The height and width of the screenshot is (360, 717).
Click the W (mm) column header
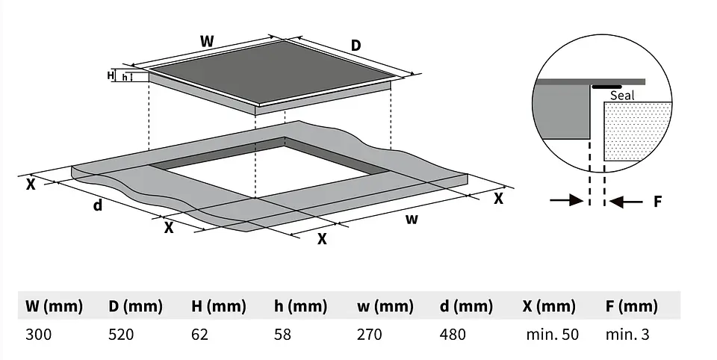pyautogui.click(x=54, y=306)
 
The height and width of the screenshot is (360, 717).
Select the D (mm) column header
pyautogui.click(x=135, y=306)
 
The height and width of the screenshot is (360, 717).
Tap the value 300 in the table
pyautogui.click(x=38, y=335)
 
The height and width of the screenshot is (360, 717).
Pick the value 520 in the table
pyautogui.click(x=121, y=335)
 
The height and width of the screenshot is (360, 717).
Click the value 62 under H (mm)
pyautogui.click(x=200, y=335)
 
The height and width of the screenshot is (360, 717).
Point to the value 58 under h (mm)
pyautogui.click(x=282, y=335)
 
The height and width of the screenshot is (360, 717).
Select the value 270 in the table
pyautogui.click(x=370, y=335)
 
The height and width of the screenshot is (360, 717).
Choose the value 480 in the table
pyautogui.click(x=453, y=335)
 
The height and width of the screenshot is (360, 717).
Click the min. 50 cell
pyautogui.click(x=553, y=335)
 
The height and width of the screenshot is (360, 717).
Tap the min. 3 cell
pyautogui.click(x=627, y=335)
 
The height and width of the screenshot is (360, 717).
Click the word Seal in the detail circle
pyautogui.click(x=622, y=95)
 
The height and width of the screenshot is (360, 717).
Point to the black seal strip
pyautogui.click(x=606, y=87)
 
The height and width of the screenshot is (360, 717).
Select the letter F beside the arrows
pyautogui.click(x=657, y=201)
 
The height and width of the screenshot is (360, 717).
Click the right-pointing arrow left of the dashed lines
pyautogui.click(x=567, y=200)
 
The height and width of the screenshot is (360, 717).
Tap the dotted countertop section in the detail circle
pyautogui.click(x=638, y=131)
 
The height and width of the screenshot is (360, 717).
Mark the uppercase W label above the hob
pyautogui.click(x=207, y=41)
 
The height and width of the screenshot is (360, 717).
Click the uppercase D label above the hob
pyautogui.click(x=356, y=46)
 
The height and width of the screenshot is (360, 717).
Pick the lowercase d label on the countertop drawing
pyautogui.click(x=97, y=205)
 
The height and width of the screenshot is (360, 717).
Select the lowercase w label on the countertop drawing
pyautogui.click(x=412, y=220)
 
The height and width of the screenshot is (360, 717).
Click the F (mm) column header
pyautogui.click(x=632, y=306)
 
